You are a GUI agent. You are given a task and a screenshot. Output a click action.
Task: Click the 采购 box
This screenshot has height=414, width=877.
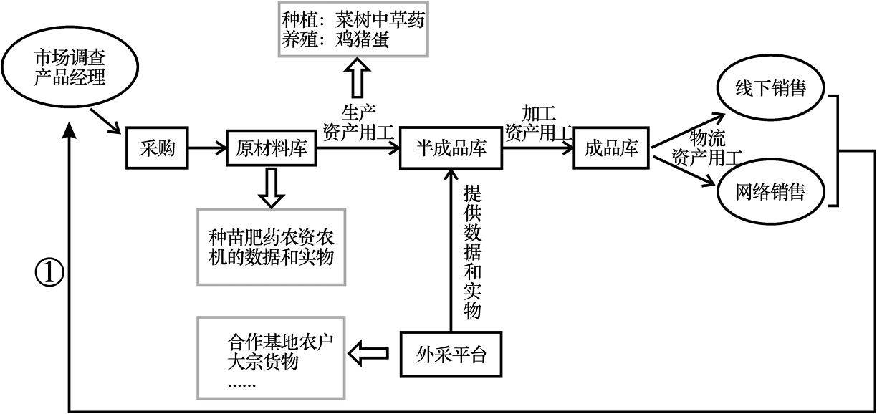[x=157, y=150]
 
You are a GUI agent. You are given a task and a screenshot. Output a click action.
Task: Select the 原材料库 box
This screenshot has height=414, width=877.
[x=271, y=150]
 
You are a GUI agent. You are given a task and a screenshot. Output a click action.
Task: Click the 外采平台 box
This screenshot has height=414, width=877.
[x=451, y=354]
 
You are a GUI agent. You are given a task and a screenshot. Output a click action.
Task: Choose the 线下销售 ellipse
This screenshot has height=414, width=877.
[x=770, y=88]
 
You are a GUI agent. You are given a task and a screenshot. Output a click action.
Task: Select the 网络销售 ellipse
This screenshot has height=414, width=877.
[x=770, y=191]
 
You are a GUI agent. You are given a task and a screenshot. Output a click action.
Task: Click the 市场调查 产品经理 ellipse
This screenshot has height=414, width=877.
[x=70, y=67]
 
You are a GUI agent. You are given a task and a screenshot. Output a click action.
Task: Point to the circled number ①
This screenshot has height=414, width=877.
[x=49, y=271]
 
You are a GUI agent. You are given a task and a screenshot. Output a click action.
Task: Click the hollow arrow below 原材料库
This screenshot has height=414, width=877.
[x=271, y=186]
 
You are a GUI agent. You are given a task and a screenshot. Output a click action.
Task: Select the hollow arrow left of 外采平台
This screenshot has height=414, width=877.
[x=368, y=353]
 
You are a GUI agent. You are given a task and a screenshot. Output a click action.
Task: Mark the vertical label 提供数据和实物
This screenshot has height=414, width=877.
[x=472, y=251]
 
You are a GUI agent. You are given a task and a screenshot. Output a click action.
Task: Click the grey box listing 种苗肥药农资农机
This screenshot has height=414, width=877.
[x=271, y=246]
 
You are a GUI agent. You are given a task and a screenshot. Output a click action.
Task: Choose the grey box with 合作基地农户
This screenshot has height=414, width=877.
[x=271, y=357]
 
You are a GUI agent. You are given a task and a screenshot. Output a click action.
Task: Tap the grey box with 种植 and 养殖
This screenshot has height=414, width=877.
[x=353, y=29]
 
